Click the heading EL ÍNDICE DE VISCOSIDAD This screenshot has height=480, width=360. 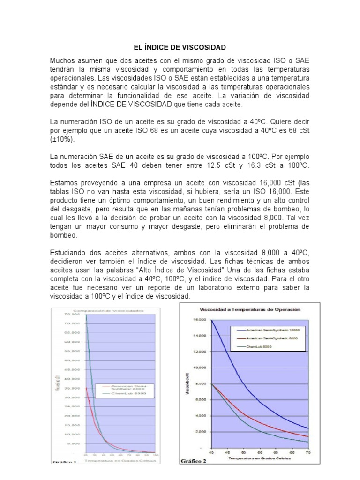pyautogui.click(x=180, y=47)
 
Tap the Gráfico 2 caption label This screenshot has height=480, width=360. pyautogui.click(x=194, y=461)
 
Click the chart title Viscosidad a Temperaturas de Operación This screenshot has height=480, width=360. pyautogui.click(x=250, y=310)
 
